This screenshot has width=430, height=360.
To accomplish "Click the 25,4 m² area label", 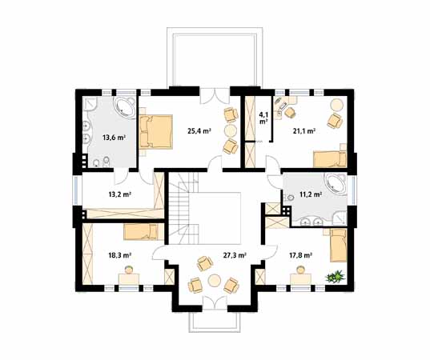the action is (199, 130).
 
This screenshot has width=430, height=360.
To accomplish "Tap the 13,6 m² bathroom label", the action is (114, 138).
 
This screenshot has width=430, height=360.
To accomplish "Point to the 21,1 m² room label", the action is (303, 131).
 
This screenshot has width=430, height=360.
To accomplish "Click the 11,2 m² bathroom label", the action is (311, 194).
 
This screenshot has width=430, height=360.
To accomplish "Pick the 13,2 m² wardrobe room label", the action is (119, 194).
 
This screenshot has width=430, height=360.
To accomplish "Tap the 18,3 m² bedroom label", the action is (119, 255).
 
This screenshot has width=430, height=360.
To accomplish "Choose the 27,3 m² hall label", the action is (234, 255).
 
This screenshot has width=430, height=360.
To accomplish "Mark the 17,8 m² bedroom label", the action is (301, 255).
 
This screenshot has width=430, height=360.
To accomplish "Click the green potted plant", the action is (334, 276).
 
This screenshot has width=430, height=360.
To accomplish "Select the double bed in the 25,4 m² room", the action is (156, 132).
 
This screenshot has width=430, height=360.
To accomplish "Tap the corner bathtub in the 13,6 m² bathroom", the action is (125, 107).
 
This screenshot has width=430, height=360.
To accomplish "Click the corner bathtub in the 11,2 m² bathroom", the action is (336, 183).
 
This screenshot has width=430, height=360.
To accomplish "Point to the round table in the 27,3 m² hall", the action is (214, 281).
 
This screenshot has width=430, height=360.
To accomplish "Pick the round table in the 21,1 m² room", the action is (337, 105).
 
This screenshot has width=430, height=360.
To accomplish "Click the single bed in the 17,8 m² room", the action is (339, 246).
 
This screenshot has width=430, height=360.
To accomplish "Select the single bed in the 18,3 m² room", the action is (141, 232).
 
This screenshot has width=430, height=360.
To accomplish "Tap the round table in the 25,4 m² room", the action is (231, 130).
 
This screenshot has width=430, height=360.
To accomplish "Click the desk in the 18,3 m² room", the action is (129, 279).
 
